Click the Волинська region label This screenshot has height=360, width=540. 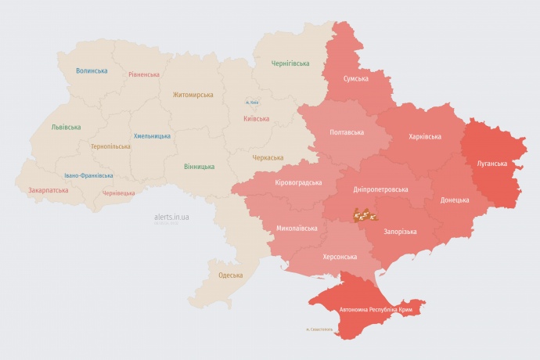tap(92, 70)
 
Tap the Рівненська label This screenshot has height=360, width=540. tap(144, 75)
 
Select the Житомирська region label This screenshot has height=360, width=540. tap(193, 95)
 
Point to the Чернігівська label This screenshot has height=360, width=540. tap(290, 63)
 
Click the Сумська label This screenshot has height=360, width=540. tap(356, 78)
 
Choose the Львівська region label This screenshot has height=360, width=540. tap(66, 127)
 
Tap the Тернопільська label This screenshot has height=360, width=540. tap(110, 146)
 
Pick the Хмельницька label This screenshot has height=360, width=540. tap(152, 136)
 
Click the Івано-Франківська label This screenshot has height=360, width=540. tap(88, 176)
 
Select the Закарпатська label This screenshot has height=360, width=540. tap(48, 190)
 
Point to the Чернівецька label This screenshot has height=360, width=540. tap(119, 192)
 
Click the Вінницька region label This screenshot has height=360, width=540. tap(199, 167)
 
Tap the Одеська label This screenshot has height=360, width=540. tap(230, 275)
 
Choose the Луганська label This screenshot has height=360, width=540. tap(492, 164)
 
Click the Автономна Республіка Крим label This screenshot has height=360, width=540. tap(376, 311)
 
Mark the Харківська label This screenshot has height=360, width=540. tap(425, 136)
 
